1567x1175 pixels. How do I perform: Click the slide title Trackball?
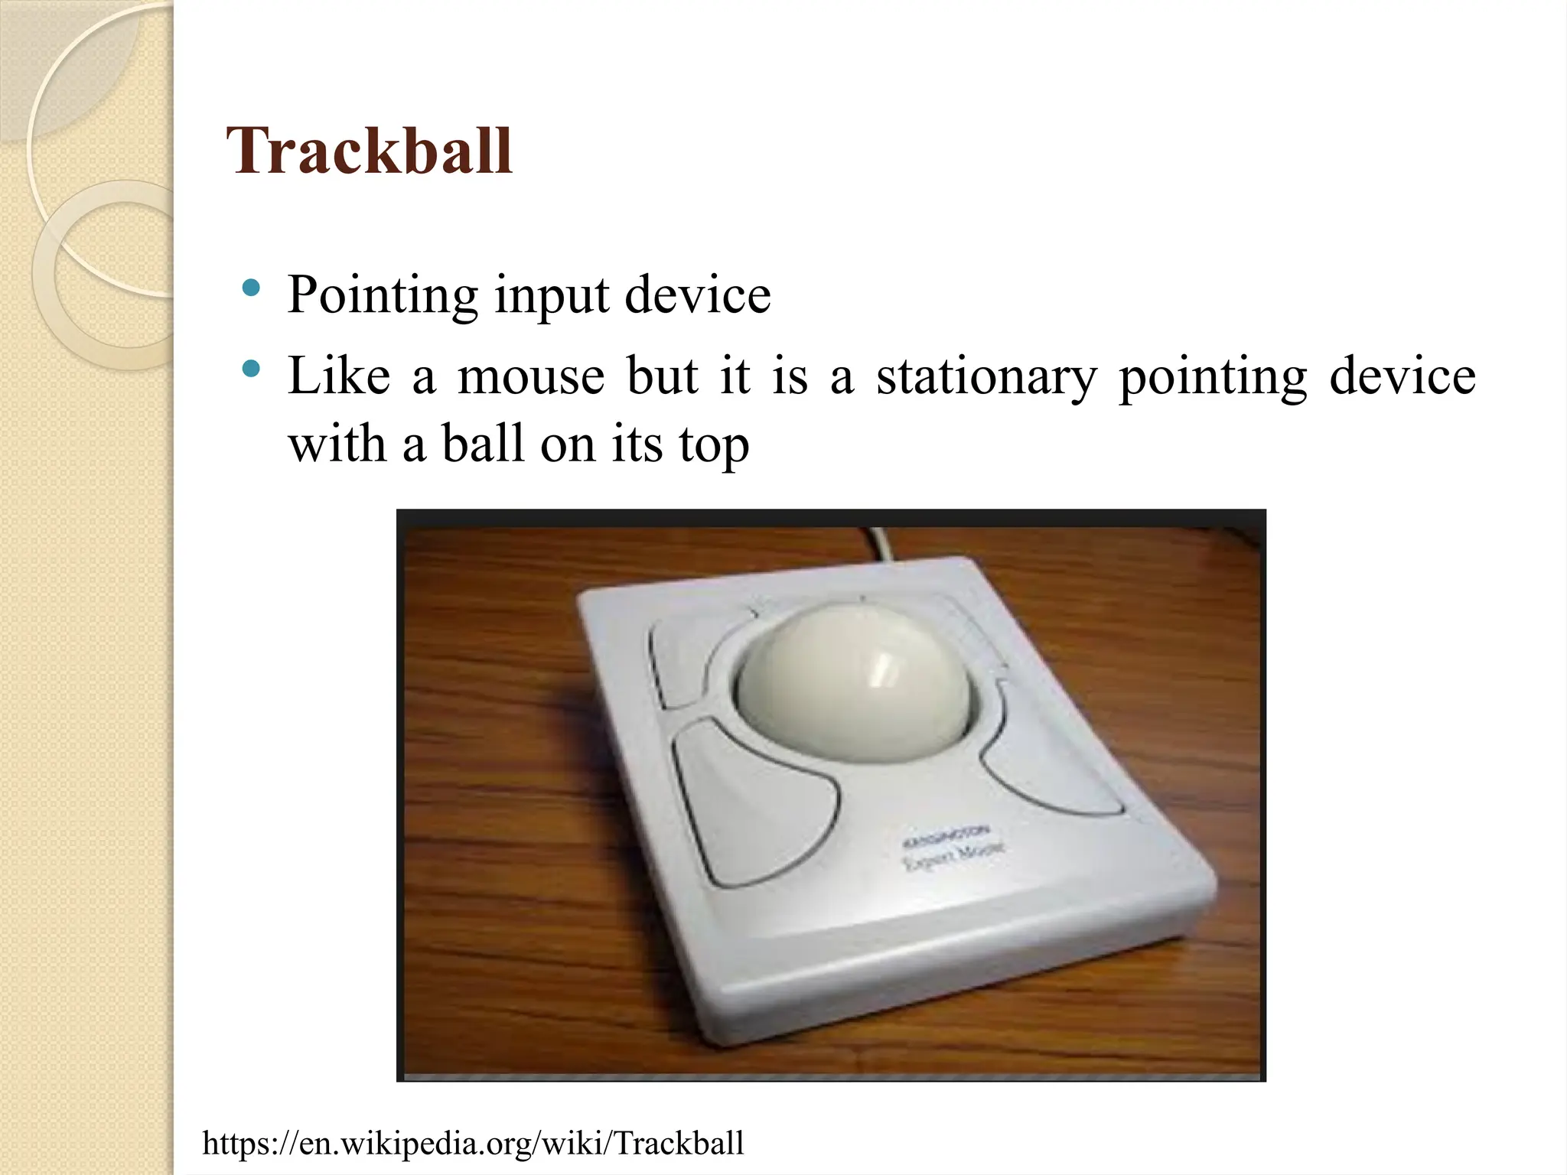[370, 151]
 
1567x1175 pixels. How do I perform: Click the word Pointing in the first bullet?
[382, 295]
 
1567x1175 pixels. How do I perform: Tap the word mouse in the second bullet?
[531, 376]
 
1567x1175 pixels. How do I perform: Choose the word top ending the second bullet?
[713, 445]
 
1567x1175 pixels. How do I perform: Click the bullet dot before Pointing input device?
[250, 288]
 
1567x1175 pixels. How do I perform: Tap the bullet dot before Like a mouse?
[250, 369]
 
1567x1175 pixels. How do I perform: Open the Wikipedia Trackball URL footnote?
[473, 1143]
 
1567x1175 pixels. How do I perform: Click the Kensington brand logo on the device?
[947, 837]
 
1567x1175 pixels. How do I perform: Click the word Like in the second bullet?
[338, 376]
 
